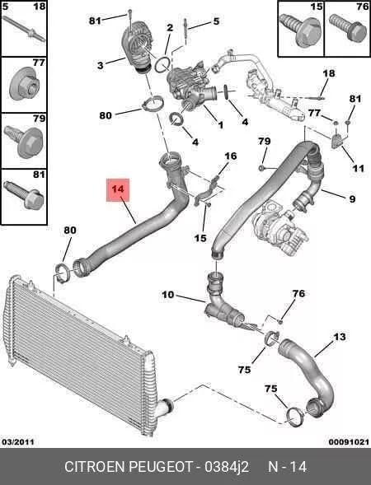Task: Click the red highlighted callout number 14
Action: tap(118, 189)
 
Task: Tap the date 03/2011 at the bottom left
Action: tap(18, 441)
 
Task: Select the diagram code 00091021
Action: tap(349, 441)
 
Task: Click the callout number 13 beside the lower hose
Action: tap(340, 336)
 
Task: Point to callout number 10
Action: tap(168, 295)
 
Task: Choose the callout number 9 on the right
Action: tap(352, 198)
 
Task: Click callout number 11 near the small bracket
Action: tap(359, 168)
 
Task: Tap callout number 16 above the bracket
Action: tap(231, 156)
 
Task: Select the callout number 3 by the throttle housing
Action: tap(100, 65)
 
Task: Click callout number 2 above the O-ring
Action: tap(170, 27)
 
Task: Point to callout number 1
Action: tap(220, 125)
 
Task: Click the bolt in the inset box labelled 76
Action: tap(347, 30)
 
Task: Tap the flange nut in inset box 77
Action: tap(24, 83)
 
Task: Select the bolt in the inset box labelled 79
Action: tap(24, 142)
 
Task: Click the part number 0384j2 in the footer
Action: tap(227, 466)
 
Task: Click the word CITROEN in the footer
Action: tap(95, 466)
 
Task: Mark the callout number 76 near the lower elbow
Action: tap(298, 293)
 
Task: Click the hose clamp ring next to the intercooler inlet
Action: tap(61, 273)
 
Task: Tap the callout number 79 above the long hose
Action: tap(264, 141)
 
